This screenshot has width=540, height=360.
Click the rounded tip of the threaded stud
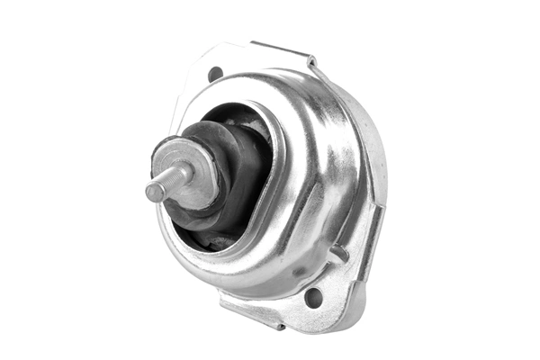(150, 192)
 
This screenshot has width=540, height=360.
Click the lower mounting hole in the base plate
(313, 296)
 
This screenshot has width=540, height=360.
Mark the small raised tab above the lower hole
(338, 255)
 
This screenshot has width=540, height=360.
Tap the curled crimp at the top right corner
(311, 62)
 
